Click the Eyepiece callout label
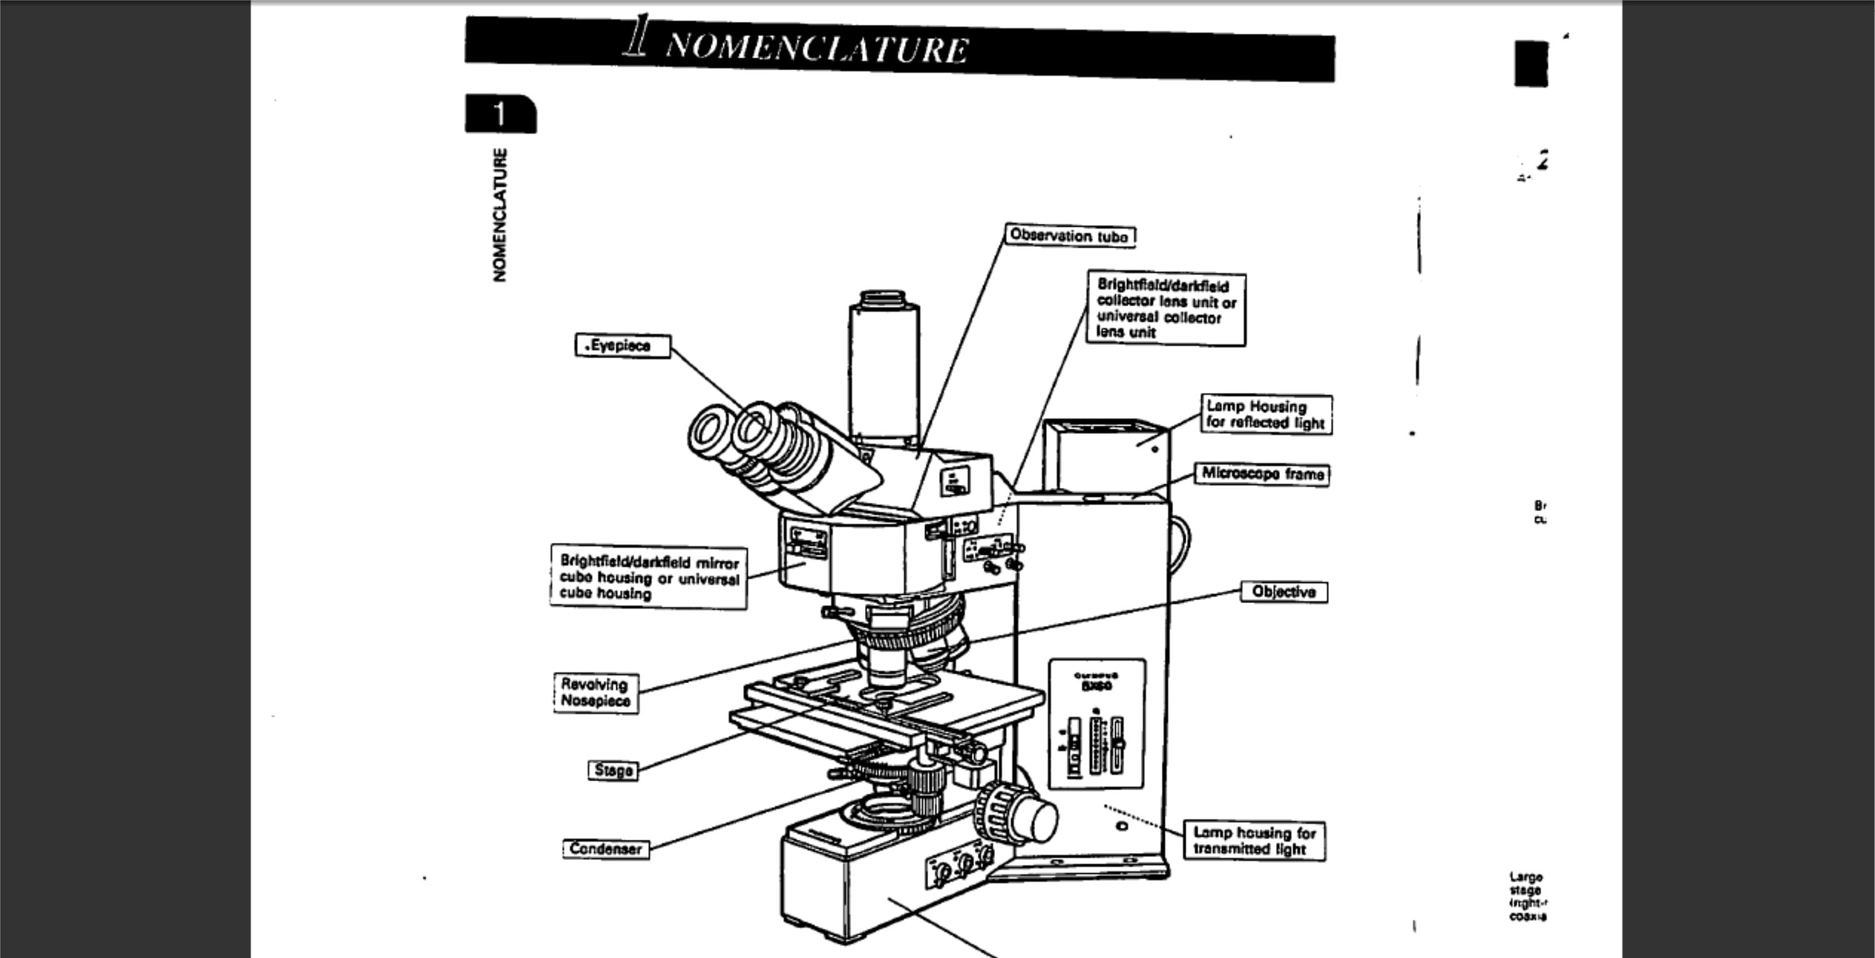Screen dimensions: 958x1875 (622, 346)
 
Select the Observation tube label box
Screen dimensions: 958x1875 (1069, 236)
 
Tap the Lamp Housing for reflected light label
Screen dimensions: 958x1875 (1266, 414)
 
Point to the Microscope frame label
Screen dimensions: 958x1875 (1262, 474)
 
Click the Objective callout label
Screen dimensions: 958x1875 (1283, 592)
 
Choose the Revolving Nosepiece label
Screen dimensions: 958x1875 (596, 692)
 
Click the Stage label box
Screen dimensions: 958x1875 (613, 770)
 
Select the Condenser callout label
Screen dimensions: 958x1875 (606, 849)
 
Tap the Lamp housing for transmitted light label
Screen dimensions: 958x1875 (1254, 841)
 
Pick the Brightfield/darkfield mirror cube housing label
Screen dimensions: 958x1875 (649, 577)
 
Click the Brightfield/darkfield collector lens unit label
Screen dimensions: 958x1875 (1166, 309)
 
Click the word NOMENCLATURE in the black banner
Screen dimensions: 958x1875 (817, 48)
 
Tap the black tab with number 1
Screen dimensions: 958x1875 (500, 114)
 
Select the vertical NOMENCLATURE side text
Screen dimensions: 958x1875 (499, 215)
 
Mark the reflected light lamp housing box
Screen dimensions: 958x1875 (1106, 455)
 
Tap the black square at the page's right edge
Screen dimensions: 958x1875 (1531, 63)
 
